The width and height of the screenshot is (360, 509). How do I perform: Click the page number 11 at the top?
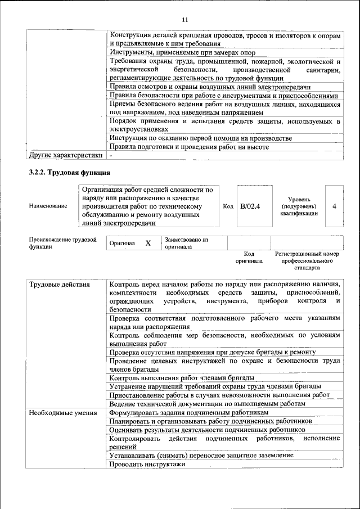point(184,20)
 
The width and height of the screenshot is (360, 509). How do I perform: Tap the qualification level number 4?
point(334,206)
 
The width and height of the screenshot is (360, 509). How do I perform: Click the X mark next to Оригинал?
point(148,244)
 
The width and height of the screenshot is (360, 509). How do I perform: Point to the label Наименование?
point(48,206)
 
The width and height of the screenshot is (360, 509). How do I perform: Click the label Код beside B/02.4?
point(228,206)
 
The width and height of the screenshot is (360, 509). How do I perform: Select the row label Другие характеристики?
point(66,155)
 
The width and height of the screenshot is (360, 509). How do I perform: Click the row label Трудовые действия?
point(59,285)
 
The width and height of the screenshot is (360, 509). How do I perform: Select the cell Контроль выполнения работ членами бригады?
point(182,377)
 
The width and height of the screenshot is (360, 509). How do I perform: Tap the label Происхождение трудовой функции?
point(62,243)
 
